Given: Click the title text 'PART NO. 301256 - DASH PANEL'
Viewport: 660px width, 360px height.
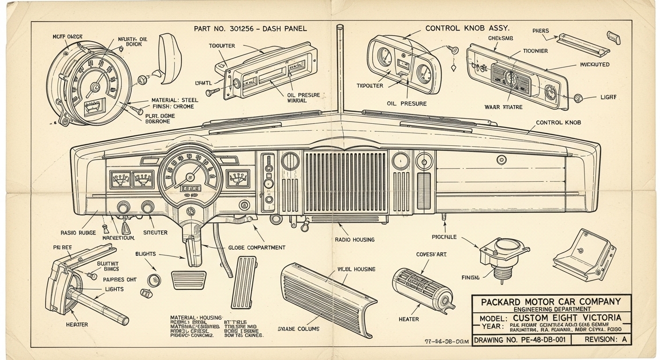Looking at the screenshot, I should (250, 29).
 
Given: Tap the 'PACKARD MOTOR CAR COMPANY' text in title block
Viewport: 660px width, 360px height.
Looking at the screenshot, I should (551, 301).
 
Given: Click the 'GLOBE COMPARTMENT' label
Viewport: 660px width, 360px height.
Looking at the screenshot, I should (257, 247).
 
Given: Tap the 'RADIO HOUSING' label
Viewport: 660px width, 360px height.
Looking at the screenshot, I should (355, 240).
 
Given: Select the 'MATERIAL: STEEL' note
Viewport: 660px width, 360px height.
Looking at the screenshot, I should (174, 100).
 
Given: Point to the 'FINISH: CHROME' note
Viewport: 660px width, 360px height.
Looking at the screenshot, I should (172, 106).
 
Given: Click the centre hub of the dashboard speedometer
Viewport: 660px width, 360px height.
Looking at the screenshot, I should (190, 177).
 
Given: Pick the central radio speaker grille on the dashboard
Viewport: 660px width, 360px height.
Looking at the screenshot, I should (346, 181).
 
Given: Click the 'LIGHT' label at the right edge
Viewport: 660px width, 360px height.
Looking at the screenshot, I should (608, 97).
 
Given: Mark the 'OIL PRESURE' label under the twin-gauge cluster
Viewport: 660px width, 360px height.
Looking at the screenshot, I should (407, 103).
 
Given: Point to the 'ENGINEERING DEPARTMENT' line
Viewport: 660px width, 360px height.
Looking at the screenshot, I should (551, 309).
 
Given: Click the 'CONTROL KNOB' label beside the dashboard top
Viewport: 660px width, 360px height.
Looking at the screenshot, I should (558, 122).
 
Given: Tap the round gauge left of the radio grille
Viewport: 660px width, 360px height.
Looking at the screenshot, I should (290, 161).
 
